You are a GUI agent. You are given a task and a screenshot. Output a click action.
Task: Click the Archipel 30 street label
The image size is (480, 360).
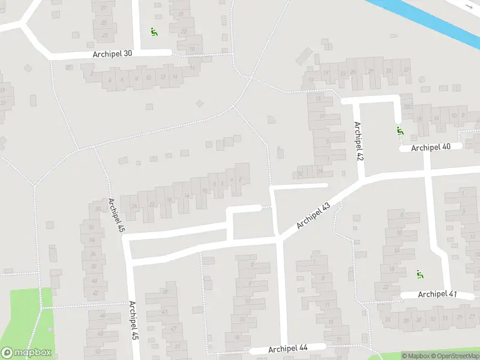click(112, 53)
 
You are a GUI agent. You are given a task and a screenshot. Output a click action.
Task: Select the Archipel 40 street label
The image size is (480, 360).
click(430, 147)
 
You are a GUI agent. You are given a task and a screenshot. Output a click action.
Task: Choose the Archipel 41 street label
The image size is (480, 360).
click(437, 294)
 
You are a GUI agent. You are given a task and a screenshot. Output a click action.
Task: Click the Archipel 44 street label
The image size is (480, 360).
click(288, 349)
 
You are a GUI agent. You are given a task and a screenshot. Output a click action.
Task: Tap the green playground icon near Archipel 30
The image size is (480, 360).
click(154, 32)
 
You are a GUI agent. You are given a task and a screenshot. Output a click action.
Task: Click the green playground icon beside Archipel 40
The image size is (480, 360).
click(400, 130)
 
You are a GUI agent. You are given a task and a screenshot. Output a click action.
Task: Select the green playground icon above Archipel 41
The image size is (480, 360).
click(420, 274)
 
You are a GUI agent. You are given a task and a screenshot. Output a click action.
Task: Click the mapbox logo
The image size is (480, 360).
click(26, 353)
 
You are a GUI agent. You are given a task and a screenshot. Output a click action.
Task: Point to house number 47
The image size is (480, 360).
click(173, 329)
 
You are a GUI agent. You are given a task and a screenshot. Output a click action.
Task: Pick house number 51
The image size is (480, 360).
click(178, 346)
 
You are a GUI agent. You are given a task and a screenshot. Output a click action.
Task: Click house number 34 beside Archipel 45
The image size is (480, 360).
click(92, 240)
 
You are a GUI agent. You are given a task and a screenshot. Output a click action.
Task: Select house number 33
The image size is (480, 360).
click(445, 318)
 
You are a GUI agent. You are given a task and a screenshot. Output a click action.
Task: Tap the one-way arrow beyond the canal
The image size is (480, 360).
click(468, 5)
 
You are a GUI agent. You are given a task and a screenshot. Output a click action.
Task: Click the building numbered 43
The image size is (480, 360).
click(164, 311)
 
